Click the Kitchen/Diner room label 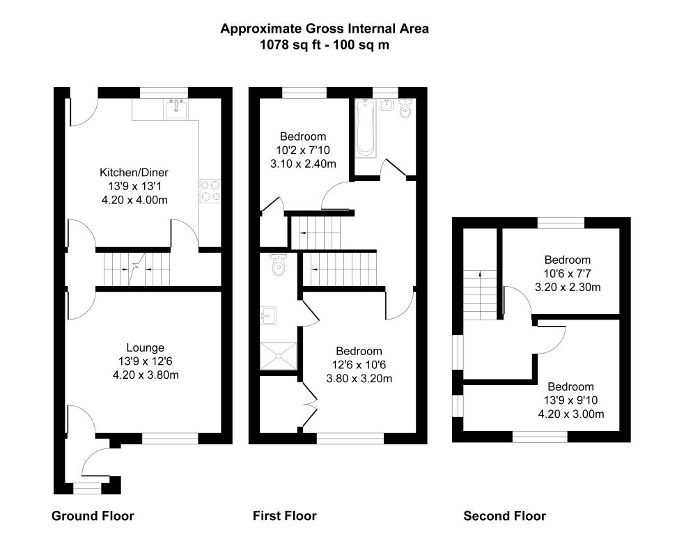[134, 173]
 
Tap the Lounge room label [145, 347]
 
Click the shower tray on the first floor [279, 357]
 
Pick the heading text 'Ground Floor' [93, 516]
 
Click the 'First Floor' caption [284, 516]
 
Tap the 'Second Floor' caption [505, 516]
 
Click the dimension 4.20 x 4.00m [134, 200]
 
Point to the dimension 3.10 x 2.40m [302, 164]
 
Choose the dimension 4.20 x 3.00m [570, 414]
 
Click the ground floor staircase [137, 268]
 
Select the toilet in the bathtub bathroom [405, 111]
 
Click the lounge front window [170, 438]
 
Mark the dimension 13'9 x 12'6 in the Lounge [145, 361]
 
